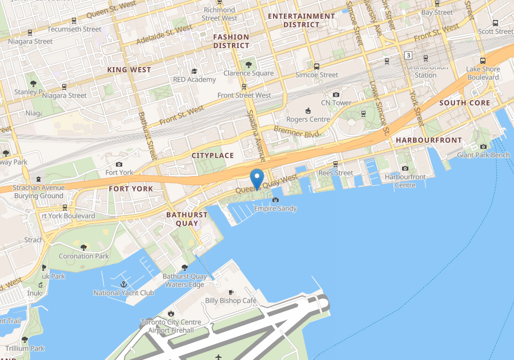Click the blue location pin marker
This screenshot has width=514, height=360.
click(x=257, y=178)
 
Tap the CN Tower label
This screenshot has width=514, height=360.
click(x=336, y=103)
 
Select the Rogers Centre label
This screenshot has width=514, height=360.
click(x=308, y=119)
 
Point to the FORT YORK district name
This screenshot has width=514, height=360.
click(x=131, y=189)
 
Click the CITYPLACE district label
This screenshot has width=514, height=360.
click(x=212, y=155)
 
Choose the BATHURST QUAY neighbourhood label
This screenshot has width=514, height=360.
click(x=187, y=219)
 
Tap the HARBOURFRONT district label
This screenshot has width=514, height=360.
click(x=428, y=140)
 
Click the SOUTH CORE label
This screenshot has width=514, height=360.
click(x=464, y=103)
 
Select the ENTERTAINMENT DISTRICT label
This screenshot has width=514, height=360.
click(x=301, y=21)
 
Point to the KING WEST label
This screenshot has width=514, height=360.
click(x=129, y=70)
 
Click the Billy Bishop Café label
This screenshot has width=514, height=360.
click(x=231, y=301)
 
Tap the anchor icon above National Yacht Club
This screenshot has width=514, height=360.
click(x=123, y=284)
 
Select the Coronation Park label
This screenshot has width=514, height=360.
click(x=84, y=256)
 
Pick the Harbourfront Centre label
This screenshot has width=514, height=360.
click(x=405, y=181)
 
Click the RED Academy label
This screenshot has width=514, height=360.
click(x=194, y=79)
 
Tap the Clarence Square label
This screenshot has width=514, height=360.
click(x=248, y=73)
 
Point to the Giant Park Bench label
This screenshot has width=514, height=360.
click(x=483, y=155)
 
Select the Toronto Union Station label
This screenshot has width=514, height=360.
click(x=425, y=71)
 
